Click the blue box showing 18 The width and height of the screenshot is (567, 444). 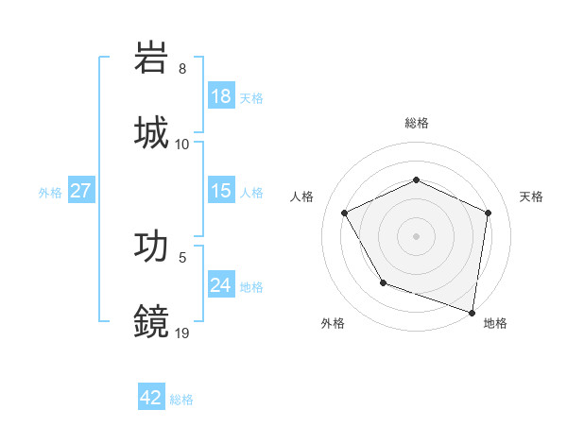point(221,96)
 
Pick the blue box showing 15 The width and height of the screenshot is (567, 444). point(221,191)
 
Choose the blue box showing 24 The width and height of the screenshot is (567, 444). point(221,285)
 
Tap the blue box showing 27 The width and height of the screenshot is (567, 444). point(81,191)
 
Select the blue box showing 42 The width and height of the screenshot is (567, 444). point(151,398)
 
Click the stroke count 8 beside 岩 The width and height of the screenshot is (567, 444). point(182,69)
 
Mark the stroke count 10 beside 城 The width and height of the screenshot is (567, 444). point(182,144)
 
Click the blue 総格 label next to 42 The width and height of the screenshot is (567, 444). point(181,400)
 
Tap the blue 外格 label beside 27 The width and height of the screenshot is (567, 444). point(50,193)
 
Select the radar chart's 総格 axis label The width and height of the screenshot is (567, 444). point(416,123)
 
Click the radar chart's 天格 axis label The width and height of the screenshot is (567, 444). point(532,196)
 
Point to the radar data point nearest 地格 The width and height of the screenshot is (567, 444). point(472,311)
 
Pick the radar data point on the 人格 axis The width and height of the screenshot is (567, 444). point(345,213)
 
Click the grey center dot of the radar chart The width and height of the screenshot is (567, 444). point(416,235)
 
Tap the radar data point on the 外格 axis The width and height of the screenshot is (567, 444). point(383,282)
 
